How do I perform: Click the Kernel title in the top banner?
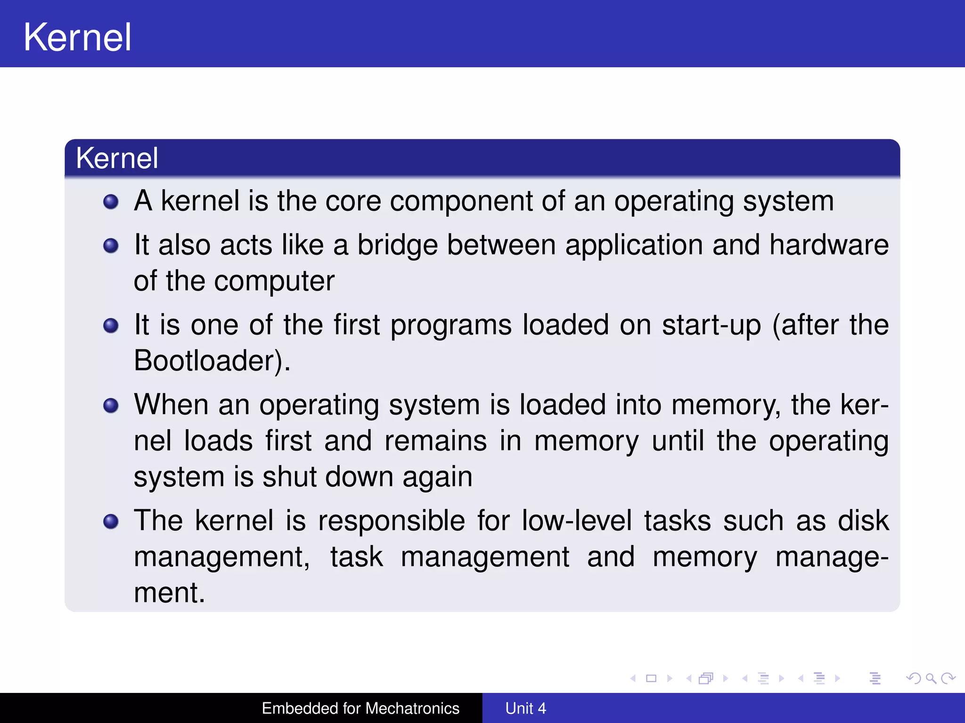(77, 37)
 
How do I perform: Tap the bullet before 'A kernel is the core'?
(111, 202)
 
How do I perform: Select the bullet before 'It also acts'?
(111, 245)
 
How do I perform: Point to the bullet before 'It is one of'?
(111, 325)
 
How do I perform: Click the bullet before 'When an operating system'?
(111, 405)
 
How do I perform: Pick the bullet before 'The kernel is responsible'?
(111, 521)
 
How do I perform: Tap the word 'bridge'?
(397, 245)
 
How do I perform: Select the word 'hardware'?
(829, 245)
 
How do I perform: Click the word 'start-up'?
(711, 325)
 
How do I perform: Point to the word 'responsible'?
(391, 521)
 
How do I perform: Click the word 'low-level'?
(577, 521)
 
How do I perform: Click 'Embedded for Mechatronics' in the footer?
(360, 708)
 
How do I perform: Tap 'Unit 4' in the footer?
(525, 708)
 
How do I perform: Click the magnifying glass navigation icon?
(931, 678)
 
